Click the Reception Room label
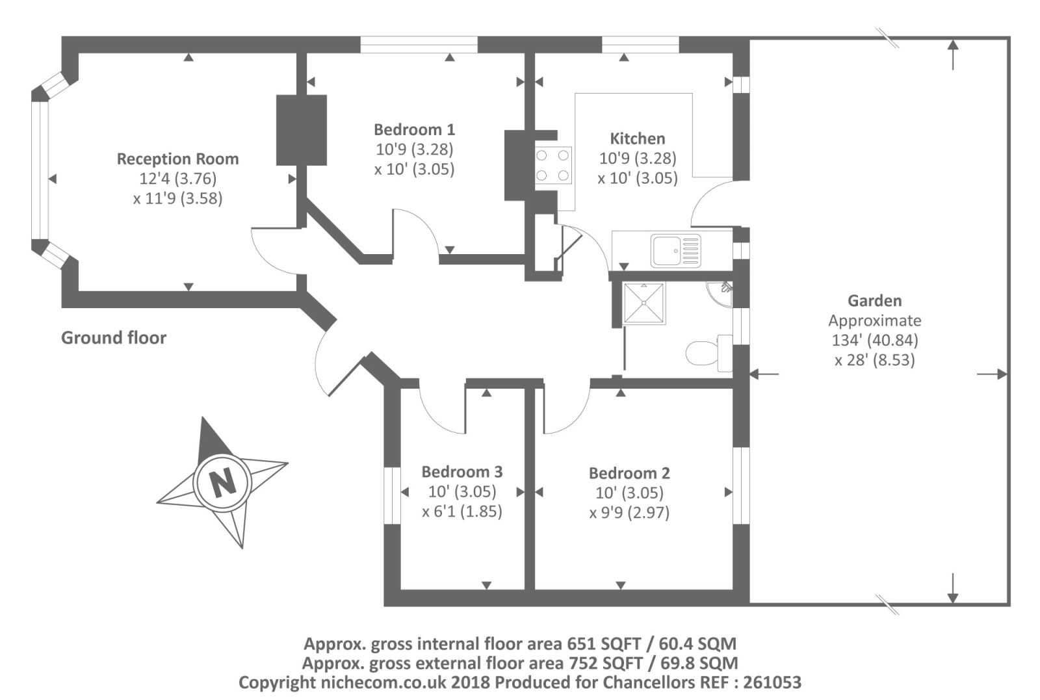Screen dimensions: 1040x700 178,159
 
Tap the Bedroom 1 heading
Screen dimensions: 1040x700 414,129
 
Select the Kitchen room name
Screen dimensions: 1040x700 638,138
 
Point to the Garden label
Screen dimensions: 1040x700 875,301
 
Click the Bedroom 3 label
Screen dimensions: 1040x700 462,472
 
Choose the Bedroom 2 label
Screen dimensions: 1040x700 629,473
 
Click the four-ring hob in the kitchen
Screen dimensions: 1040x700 552,166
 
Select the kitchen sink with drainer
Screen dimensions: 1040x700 675,251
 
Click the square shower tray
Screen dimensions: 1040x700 644,303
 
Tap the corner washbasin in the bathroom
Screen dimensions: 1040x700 719,294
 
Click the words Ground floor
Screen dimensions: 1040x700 114,337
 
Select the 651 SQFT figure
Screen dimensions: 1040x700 599,644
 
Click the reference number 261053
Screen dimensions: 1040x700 772,682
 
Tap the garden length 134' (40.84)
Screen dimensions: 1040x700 875,341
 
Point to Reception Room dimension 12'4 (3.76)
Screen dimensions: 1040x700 178,179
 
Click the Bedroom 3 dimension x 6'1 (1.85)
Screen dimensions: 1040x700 462,512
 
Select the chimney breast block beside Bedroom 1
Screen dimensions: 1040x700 302,131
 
